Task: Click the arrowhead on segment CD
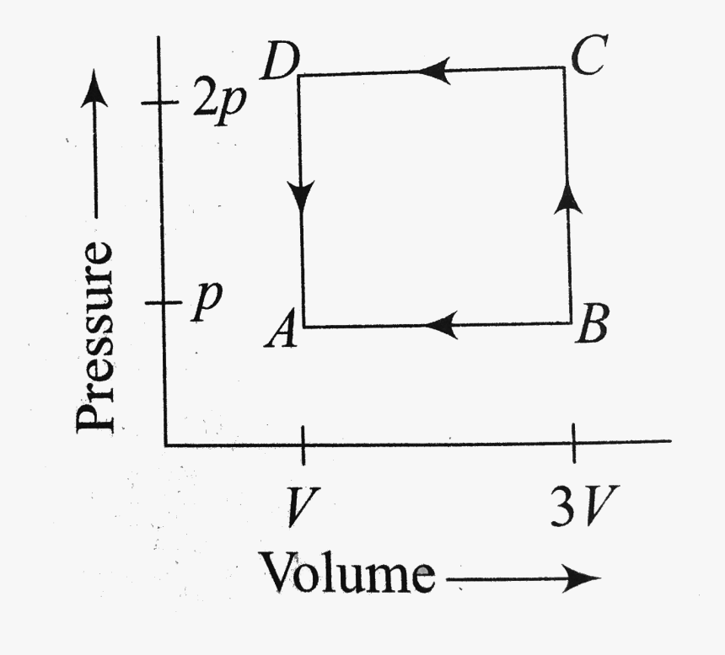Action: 432,72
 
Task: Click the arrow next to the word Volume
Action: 524,578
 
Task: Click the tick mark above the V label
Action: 303,443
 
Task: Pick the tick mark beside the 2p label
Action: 159,104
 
